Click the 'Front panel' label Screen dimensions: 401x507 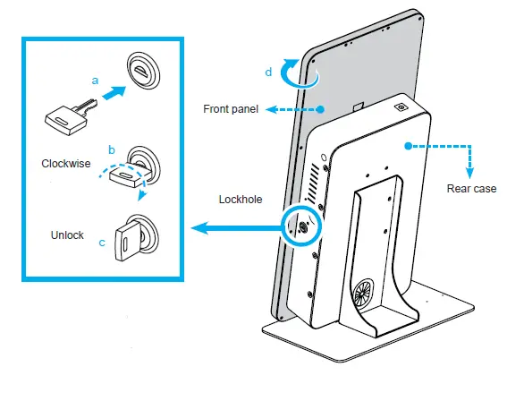point(230,109)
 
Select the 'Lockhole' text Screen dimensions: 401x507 point(240,200)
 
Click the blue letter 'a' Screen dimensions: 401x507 point(94,80)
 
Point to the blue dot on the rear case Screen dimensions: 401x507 point(408,143)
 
